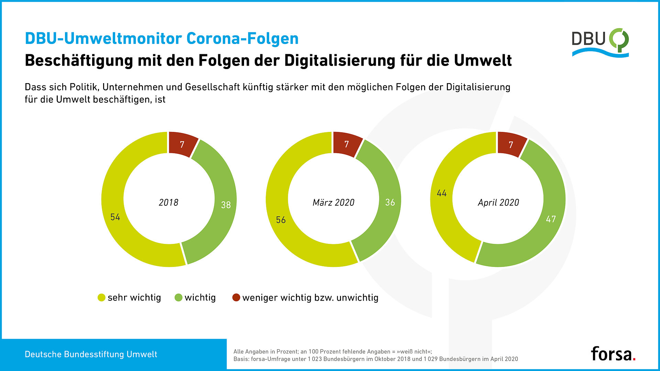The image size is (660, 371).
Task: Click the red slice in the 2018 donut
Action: click(x=182, y=144)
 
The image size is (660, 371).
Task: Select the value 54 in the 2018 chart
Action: click(x=115, y=217)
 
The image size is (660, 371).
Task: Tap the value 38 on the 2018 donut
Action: click(x=226, y=205)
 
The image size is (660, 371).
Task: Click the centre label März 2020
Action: click(x=333, y=203)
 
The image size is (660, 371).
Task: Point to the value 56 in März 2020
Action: click(x=281, y=220)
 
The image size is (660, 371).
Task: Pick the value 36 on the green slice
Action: click(x=390, y=202)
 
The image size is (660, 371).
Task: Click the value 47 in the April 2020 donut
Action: click(x=551, y=219)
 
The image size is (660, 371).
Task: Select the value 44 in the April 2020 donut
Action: click(x=442, y=193)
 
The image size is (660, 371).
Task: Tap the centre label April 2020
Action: click(x=498, y=203)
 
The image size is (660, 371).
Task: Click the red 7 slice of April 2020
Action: click(x=511, y=145)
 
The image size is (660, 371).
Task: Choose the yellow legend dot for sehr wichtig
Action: click(x=101, y=297)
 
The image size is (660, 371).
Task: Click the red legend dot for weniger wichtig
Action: click(x=236, y=297)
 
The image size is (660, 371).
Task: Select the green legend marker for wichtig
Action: click(x=178, y=297)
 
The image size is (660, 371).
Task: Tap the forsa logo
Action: click(x=613, y=354)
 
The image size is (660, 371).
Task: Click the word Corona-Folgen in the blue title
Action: click(x=242, y=38)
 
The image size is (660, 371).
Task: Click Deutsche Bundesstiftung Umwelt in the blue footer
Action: click(x=91, y=355)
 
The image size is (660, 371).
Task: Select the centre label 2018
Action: click(x=168, y=203)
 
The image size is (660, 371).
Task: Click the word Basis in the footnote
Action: click(x=241, y=359)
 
